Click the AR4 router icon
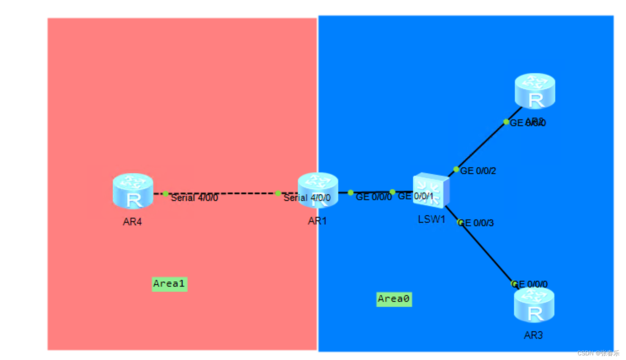pos(133,191)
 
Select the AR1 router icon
pos(318,190)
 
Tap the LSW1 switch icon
pos(431,191)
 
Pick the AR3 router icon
pos(534,304)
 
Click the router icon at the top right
pos(535,91)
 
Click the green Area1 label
pos(169,284)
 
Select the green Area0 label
pos(394,299)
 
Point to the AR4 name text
pos(132,222)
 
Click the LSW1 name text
pos(431,219)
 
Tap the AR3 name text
pos(533,335)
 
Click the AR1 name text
pos(317,221)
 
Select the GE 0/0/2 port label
pos(478,171)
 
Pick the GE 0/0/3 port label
pos(477,223)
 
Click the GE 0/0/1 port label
pos(415,196)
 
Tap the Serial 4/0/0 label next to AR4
pos(194,198)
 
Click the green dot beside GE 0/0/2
pos(456,169)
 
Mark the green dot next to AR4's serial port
pos(165,194)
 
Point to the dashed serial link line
pos(223,193)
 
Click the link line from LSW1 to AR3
pos(484,248)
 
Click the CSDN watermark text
pos(598,353)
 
